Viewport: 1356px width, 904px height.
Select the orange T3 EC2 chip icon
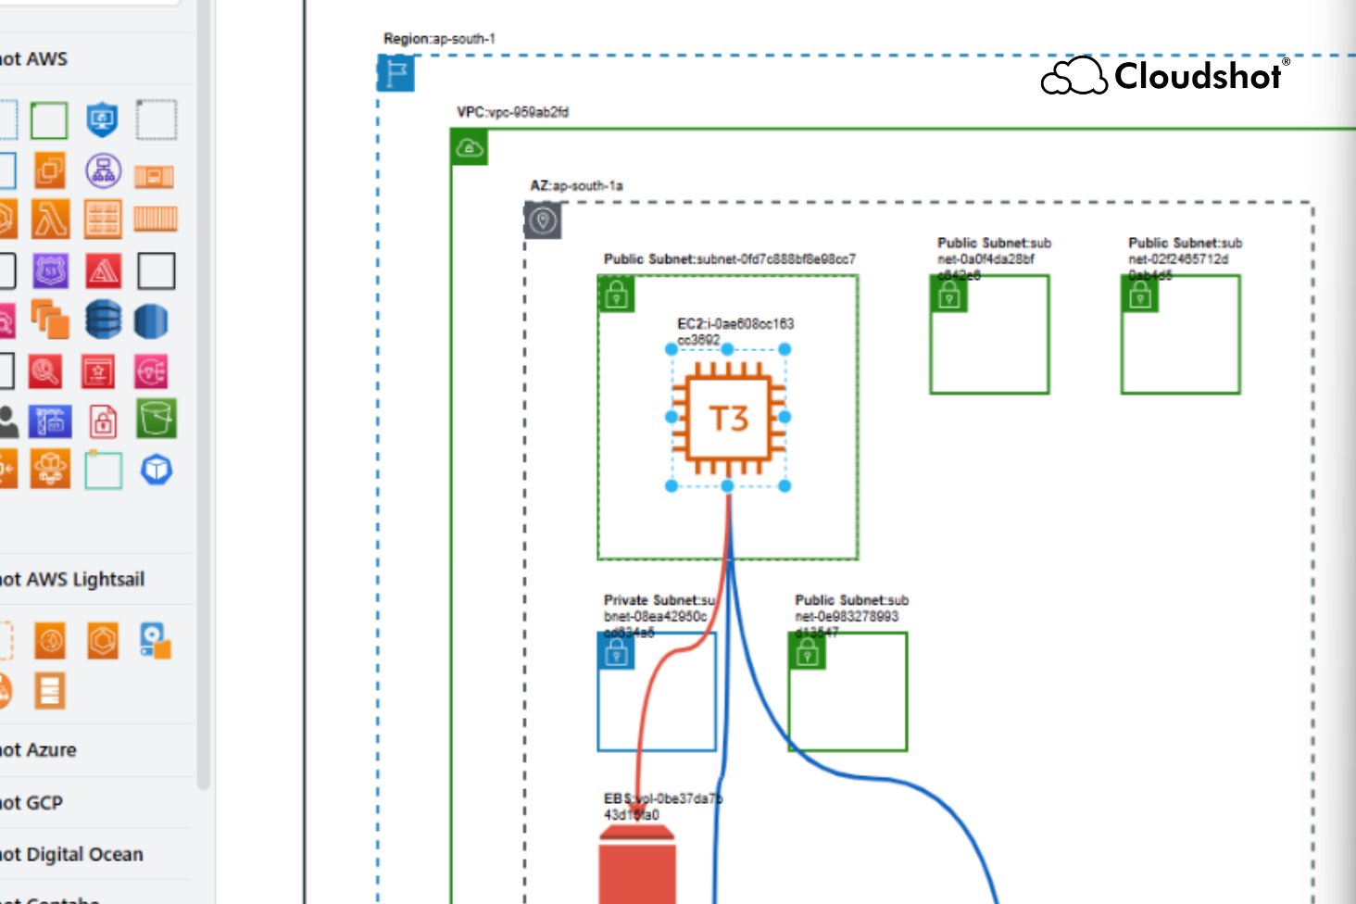coord(728,418)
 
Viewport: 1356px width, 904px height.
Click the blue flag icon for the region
coord(396,73)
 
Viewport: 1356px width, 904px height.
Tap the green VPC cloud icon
coord(470,148)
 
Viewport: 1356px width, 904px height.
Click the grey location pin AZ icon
coord(543,220)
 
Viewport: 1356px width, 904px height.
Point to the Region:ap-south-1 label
coord(439,39)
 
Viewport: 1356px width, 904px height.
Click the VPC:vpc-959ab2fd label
coord(512,112)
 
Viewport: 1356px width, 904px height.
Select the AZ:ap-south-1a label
coord(576,185)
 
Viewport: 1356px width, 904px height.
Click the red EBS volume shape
coord(637,866)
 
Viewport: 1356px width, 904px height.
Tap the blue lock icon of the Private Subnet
coord(617,653)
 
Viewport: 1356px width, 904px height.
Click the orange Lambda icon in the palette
coord(50,220)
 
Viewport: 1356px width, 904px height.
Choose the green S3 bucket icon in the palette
coord(156,419)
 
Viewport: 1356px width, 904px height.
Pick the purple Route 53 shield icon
coord(50,270)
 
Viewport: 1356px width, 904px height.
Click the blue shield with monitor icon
coord(102,119)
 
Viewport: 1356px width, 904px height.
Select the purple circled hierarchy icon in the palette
coord(103,170)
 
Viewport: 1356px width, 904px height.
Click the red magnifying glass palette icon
coord(45,371)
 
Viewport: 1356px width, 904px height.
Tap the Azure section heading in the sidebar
coord(39,750)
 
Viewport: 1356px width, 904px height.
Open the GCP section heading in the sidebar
coord(32,803)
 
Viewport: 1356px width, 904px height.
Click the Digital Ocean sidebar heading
coord(72,855)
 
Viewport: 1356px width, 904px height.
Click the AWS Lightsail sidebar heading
coord(72,580)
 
